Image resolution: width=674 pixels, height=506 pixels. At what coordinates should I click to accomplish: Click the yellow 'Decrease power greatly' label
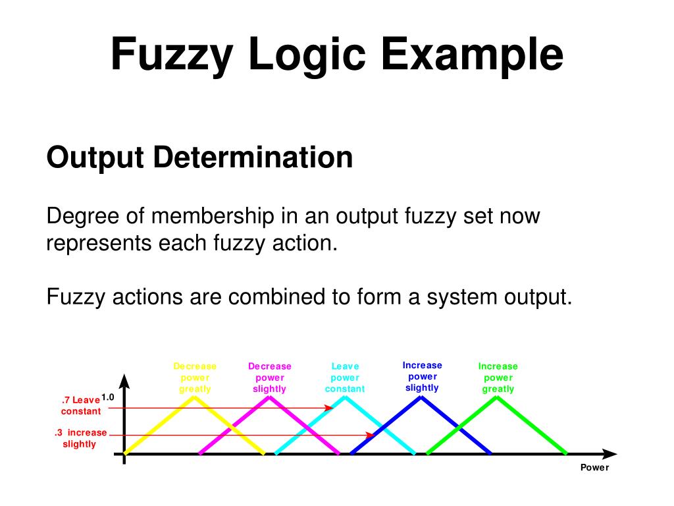click(195, 378)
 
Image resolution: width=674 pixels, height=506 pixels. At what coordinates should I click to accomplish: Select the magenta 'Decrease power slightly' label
click(270, 378)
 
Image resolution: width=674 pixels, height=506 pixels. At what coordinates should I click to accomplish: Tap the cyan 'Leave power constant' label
click(345, 378)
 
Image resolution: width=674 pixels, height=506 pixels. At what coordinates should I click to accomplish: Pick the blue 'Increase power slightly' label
click(422, 376)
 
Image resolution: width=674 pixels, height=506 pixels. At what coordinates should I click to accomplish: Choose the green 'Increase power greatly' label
click(498, 378)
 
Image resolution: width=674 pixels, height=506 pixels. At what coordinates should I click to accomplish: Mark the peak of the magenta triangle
click(270, 397)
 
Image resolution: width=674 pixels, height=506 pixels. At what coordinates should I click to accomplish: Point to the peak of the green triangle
click(497, 397)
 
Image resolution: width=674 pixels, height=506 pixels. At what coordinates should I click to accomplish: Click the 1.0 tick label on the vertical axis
click(108, 397)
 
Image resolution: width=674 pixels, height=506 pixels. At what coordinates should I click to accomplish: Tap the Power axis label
click(594, 468)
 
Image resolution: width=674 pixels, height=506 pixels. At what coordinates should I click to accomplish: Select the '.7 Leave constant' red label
click(81, 405)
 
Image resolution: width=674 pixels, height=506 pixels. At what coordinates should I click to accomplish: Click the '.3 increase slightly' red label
click(80, 438)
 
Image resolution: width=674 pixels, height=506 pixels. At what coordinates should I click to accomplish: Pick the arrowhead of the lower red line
click(369, 435)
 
